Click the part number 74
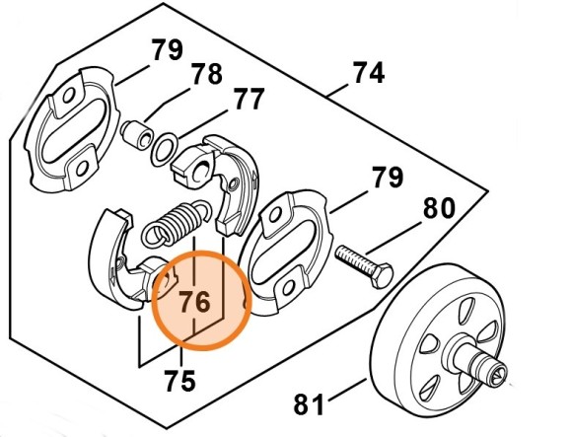coord(369,73)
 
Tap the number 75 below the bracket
coord(179,381)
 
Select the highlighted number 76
coord(195,302)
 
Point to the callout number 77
coord(250,99)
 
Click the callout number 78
coord(207,74)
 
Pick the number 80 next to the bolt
coord(439,208)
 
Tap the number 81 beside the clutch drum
coord(309,403)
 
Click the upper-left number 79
coord(168,50)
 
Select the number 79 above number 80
coord(388,177)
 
